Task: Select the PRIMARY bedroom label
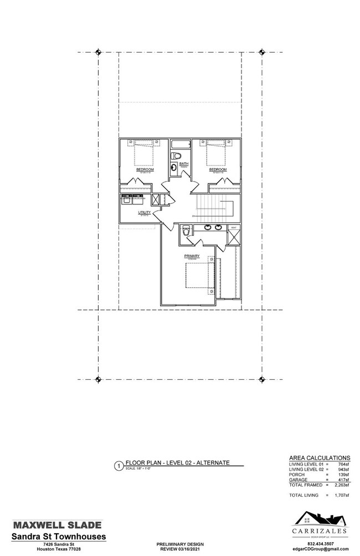coord(192,256)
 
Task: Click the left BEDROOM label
coord(145,169)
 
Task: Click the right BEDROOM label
coord(218,169)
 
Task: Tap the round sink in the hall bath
coord(174,168)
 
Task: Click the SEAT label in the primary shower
coord(233,228)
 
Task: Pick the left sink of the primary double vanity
coord(207,227)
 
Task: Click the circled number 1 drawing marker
coord(118,466)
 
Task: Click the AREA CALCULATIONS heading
coord(320,458)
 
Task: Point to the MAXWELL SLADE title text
coord(58,524)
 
